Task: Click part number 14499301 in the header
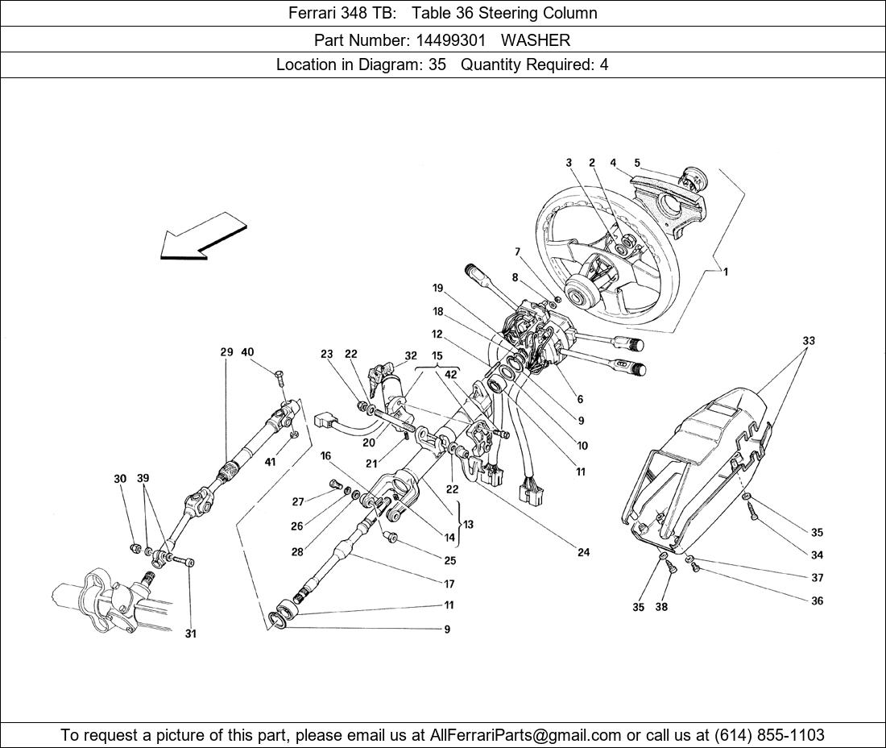pyautogui.click(x=450, y=39)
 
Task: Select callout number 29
pyautogui.click(x=226, y=352)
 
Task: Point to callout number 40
pyautogui.click(x=247, y=352)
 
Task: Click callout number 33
pyautogui.click(x=808, y=341)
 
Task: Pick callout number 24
pyautogui.click(x=583, y=552)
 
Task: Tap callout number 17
pyautogui.click(x=449, y=584)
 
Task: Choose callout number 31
pyautogui.click(x=190, y=634)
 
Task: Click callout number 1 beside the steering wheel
pyautogui.click(x=725, y=272)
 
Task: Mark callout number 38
pyautogui.click(x=661, y=607)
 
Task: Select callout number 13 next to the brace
pyautogui.click(x=468, y=524)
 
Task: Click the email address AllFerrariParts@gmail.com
pyautogui.click(x=526, y=735)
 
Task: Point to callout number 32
pyautogui.click(x=411, y=355)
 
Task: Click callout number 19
pyautogui.click(x=437, y=288)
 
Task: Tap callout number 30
pyautogui.click(x=120, y=479)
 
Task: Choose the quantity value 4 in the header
pyautogui.click(x=603, y=65)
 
